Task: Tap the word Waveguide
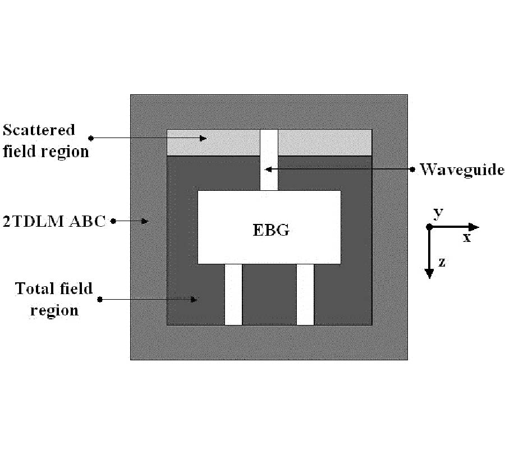pos(462,169)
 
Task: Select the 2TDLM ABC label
pos(54,222)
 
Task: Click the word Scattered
pos(39,130)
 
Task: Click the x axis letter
pos(467,237)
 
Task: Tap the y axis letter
pos(438,213)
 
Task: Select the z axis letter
pos(442,262)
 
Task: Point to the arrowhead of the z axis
pos(429,273)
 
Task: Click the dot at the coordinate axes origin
pos(429,227)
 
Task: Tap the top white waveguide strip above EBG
pos(269,160)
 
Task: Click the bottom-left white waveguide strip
pos(233,294)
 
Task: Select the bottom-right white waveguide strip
pos(305,294)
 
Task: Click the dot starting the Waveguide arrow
pos(412,169)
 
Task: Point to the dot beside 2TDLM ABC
pos(113,222)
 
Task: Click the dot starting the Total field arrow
pos(100,299)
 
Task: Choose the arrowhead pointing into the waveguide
pos(268,169)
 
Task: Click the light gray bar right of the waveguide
pos(325,143)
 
